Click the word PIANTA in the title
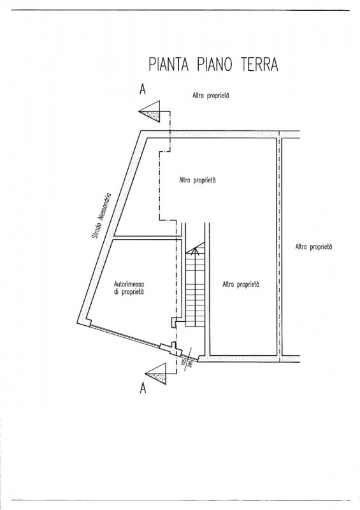pos(168,64)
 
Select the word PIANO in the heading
pos(214,64)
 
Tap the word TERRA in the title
pos(259,64)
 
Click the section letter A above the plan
pos(143,89)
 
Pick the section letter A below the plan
pos(143,388)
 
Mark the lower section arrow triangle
pos(158,374)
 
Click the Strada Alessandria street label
pos(101,216)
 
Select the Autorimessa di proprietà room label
pos(129,288)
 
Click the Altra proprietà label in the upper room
pos(198,180)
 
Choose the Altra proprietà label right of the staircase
pos(241,284)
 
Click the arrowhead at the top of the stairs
pos(195,251)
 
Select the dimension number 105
pos(184,362)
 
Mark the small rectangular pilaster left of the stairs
pos(173,323)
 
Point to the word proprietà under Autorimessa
pos(133,292)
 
